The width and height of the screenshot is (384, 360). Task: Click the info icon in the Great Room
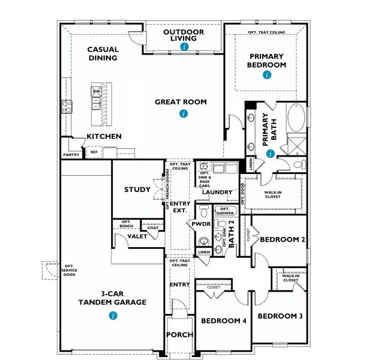coord(180,113)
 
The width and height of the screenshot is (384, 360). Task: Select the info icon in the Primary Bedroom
coord(266,76)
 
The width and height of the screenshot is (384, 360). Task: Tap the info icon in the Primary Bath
coord(271,154)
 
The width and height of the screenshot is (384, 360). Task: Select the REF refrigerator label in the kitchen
coord(94,152)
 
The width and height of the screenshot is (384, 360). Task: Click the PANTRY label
coord(71,155)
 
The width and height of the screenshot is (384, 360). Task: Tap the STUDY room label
coord(137,190)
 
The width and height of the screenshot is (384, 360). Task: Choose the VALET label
coord(137,237)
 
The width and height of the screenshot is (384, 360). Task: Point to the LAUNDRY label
coord(217,192)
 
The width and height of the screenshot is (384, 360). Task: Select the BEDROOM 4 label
coord(224,321)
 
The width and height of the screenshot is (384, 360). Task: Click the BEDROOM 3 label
coord(281,316)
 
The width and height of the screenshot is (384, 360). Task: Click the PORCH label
coord(179,335)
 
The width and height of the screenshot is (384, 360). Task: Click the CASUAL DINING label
coord(103,54)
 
